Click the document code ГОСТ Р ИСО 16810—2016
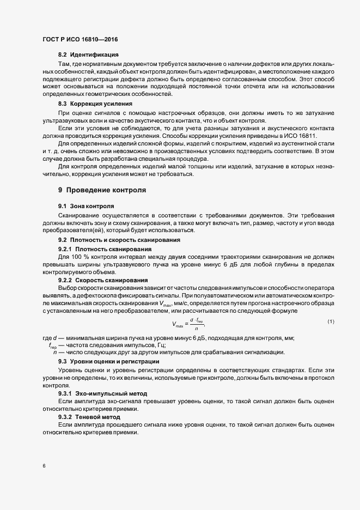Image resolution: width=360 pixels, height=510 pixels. [80, 40]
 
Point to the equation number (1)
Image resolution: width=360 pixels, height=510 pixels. [331, 321]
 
